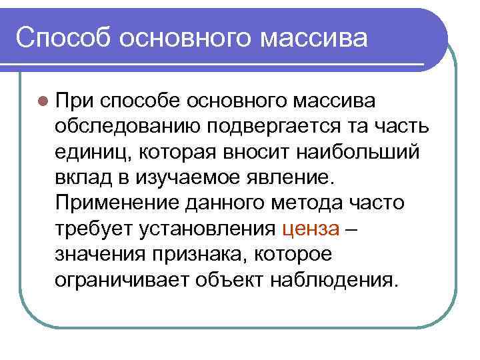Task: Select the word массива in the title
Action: pos(313,37)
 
